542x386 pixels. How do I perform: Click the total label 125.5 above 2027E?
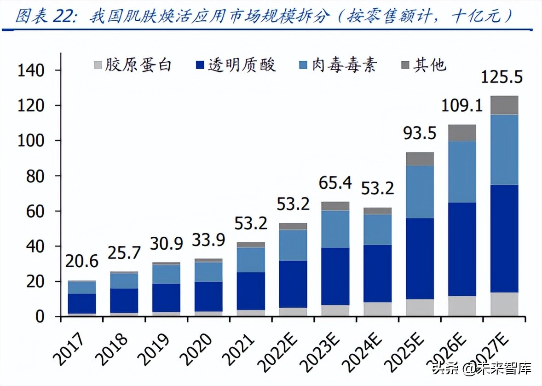[502, 77]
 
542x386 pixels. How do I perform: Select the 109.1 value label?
[461, 106]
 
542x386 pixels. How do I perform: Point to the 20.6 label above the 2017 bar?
[82, 262]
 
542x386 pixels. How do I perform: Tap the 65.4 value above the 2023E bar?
[335, 183]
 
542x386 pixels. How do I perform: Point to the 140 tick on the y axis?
[31, 70]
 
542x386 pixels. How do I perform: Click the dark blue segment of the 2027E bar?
[504, 239]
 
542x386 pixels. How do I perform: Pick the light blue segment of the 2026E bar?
[462, 171]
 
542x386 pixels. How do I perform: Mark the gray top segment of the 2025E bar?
[420, 159]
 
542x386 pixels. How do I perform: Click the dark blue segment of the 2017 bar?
[82, 304]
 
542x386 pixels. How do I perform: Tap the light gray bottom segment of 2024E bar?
[377, 309]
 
